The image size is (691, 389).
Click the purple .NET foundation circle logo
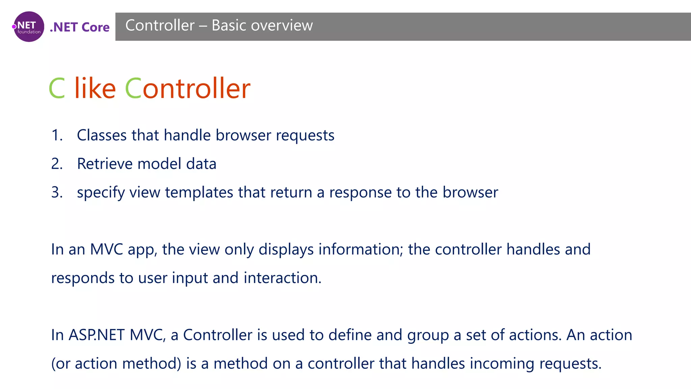(x=29, y=27)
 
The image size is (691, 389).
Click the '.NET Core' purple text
(x=80, y=27)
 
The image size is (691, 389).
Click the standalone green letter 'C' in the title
(x=57, y=88)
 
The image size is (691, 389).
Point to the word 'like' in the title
(x=95, y=88)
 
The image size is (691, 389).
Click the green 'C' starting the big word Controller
(x=133, y=88)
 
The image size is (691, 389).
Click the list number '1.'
(x=57, y=135)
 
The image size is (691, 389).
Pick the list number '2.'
(x=57, y=164)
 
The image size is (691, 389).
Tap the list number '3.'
(x=57, y=192)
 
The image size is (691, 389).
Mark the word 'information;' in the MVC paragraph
(x=361, y=249)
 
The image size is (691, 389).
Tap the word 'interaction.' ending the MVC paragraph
(x=282, y=278)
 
